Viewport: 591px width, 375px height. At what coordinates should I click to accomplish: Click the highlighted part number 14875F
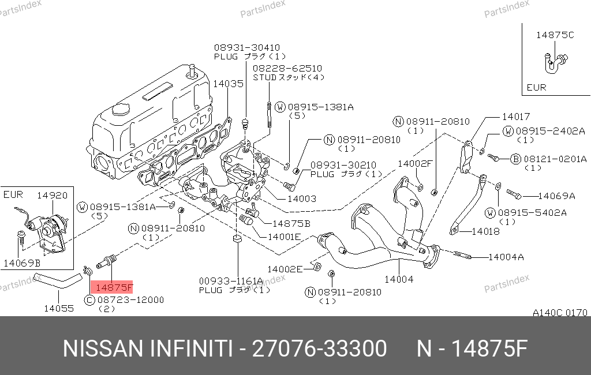(114, 287)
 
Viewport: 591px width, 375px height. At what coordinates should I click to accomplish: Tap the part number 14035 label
(229, 84)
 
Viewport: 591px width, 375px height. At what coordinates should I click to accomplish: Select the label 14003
(301, 198)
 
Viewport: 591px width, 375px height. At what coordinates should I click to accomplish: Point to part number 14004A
(506, 257)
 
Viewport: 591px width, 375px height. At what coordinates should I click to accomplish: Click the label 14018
(485, 231)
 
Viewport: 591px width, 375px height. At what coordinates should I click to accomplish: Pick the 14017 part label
(515, 117)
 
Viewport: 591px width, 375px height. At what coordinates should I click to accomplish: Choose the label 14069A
(556, 196)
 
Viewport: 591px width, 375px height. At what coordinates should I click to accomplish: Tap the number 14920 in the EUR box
(52, 195)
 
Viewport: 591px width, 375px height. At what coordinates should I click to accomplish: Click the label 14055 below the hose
(59, 308)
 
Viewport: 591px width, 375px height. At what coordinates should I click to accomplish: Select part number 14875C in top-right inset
(555, 35)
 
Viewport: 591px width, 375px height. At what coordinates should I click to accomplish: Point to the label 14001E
(284, 237)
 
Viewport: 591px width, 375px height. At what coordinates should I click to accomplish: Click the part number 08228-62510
(287, 69)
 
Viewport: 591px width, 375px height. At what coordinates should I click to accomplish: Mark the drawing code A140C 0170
(560, 313)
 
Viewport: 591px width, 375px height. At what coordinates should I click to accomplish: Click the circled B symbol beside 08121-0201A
(515, 159)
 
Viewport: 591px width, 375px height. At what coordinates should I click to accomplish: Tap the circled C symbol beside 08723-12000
(89, 300)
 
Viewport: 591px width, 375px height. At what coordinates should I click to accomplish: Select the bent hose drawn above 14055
(58, 281)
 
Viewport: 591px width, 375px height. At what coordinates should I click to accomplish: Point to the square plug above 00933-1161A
(237, 239)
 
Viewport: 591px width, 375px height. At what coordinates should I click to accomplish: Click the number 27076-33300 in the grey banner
(319, 348)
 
